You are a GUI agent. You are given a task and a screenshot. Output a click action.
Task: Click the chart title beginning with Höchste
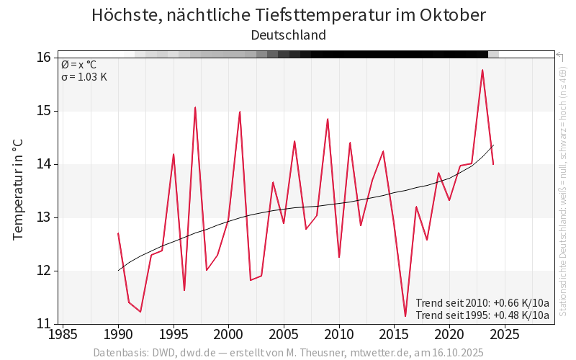coord(288,15)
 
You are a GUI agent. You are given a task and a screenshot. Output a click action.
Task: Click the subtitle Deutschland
coord(288,35)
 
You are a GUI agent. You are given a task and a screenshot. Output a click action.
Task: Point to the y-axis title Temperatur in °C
coord(19,191)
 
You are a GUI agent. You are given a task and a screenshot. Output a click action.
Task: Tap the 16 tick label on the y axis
coord(44,58)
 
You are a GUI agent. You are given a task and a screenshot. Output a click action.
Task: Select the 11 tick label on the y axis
coord(44,324)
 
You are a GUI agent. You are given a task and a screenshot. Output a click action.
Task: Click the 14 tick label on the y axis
coord(44,164)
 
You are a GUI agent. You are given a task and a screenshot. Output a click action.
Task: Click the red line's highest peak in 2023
coord(482,70)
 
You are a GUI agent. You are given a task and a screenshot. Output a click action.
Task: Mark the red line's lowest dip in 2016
coord(405,316)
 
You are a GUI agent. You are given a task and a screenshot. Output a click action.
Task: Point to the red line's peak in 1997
coord(195,107)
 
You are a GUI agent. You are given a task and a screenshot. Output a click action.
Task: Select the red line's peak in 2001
coord(240,112)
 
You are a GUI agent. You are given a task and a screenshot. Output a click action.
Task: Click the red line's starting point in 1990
coord(118,233)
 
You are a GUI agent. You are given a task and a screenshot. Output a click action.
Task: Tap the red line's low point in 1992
coord(140,312)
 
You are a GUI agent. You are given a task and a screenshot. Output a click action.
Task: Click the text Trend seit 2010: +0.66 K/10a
coord(482,303)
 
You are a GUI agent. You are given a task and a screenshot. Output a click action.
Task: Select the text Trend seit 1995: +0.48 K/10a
coord(482,315)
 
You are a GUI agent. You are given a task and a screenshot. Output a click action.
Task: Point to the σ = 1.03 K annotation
coord(84,77)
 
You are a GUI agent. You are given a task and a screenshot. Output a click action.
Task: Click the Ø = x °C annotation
coord(78,65)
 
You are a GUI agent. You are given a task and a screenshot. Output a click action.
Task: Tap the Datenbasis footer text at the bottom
coord(288,353)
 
